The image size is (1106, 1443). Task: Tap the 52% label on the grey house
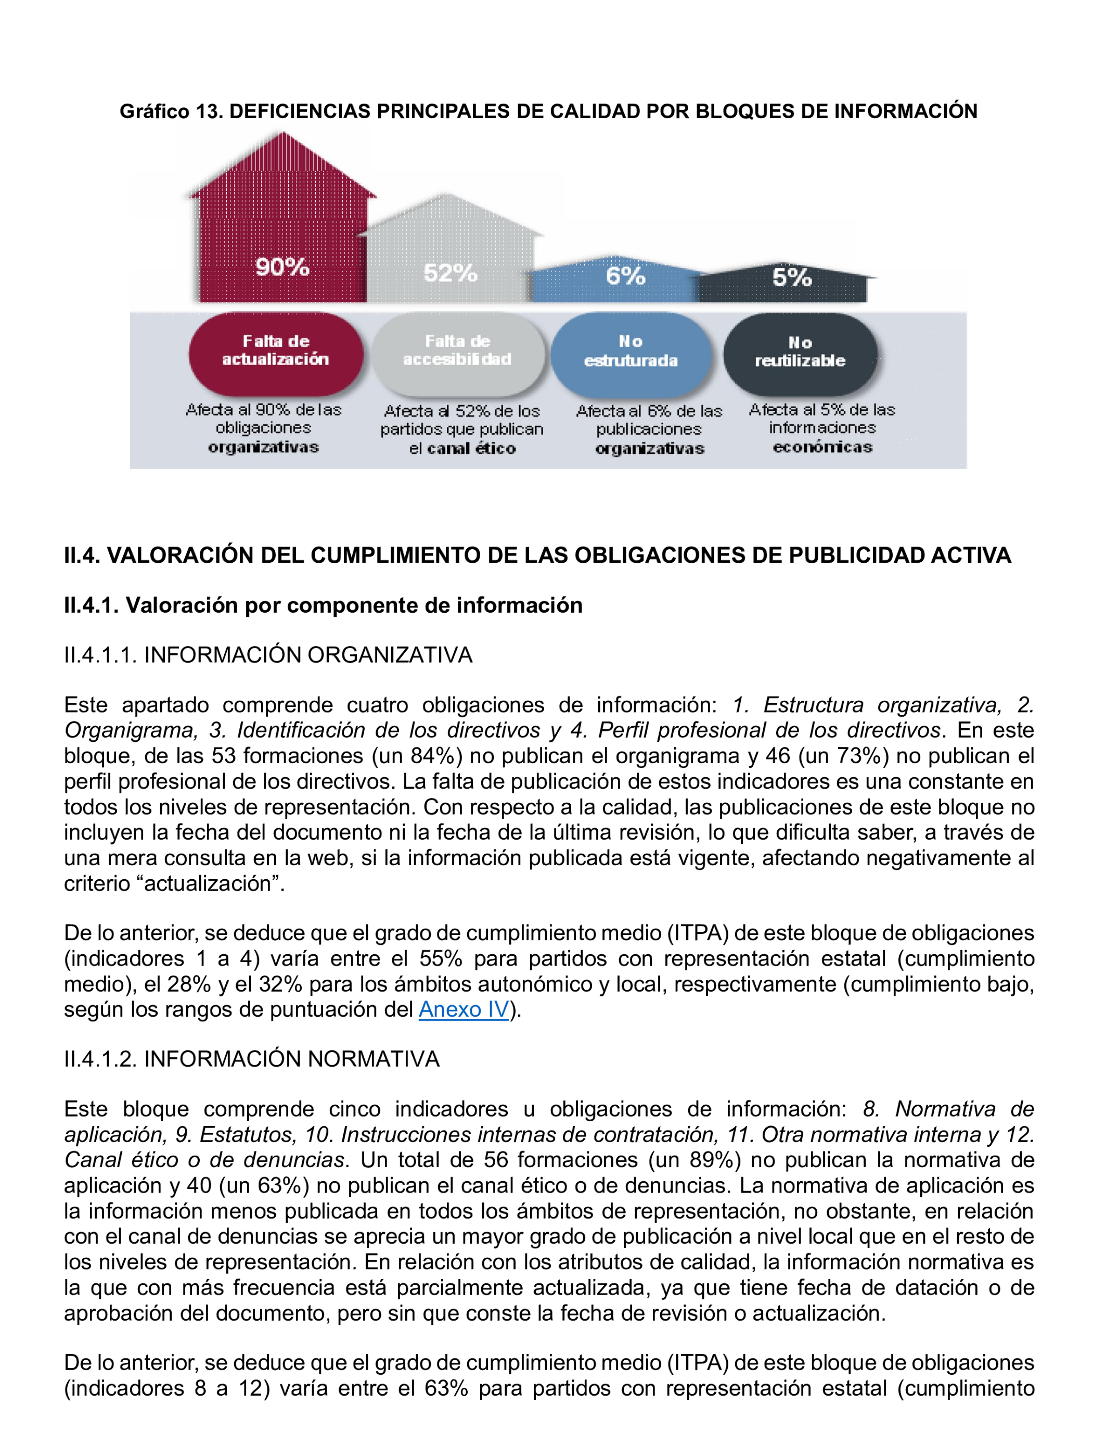click(x=451, y=273)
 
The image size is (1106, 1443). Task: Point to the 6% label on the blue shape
click(x=625, y=276)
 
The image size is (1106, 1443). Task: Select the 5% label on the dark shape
click(x=792, y=277)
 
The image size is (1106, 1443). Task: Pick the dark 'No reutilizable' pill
click(x=801, y=353)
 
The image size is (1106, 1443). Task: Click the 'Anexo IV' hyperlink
click(x=464, y=1009)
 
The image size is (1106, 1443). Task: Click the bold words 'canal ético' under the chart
click(x=471, y=449)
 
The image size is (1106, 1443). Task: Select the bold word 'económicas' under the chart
click(x=822, y=448)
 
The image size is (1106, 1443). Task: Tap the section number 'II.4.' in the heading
click(x=82, y=555)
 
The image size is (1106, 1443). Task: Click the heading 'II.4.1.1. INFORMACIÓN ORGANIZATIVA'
click(x=268, y=655)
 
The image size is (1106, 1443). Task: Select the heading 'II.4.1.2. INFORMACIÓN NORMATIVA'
click(x=251, y=1058)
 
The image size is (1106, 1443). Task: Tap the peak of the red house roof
click(x=283, y=134)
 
